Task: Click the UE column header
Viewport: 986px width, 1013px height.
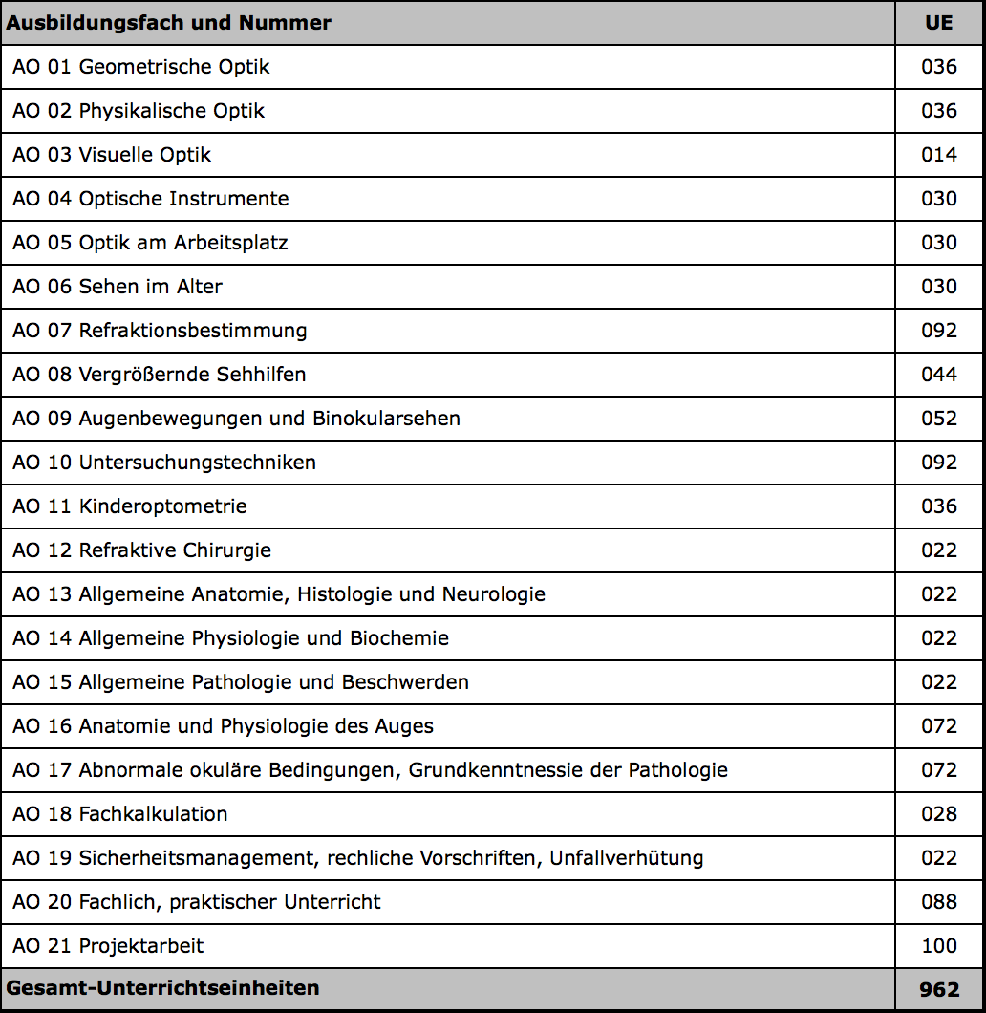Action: [x=938, y=23]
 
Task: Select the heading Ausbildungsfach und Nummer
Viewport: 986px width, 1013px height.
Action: [x=169, y=23]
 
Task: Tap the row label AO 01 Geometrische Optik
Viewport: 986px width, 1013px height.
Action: [x=141, y=67]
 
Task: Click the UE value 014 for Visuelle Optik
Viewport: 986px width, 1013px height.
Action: [x=938, y=155]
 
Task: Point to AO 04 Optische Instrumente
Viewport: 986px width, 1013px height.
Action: [x=151, y=199]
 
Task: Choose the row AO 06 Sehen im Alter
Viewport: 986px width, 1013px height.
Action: [x=118, y=287]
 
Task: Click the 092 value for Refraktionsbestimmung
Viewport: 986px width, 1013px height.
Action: [x=938, y=331]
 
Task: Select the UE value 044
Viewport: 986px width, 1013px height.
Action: [x=938, y=375]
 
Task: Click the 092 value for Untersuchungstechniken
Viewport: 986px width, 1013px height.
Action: [x=938, y=463]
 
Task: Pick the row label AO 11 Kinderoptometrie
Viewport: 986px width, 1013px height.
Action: [x=130, y=506]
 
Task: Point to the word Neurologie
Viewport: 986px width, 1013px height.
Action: [x=493, y=594]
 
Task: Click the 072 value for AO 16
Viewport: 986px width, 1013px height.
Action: [x=938, y=726]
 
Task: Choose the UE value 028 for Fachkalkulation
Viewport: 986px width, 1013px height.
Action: [x=938, y=814]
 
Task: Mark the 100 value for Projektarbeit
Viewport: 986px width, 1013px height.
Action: [x=938, y=946]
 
